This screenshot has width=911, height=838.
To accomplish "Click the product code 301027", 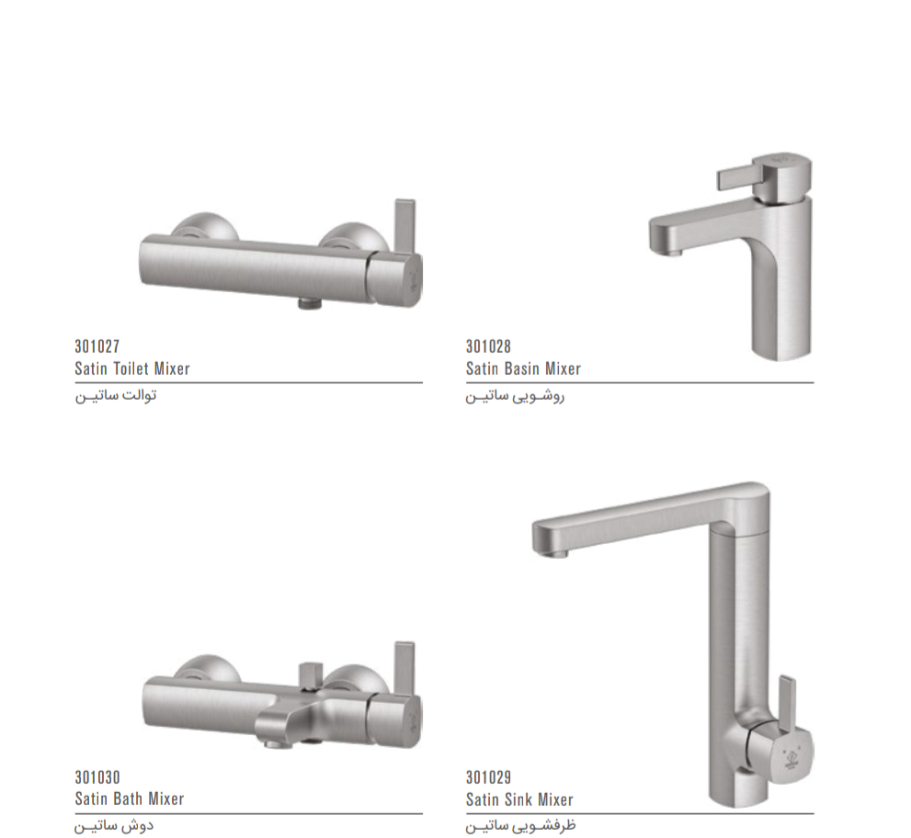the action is pos(97,346).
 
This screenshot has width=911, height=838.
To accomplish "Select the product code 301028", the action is pos(488,346).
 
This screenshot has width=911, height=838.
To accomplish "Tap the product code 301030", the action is pos(97,777).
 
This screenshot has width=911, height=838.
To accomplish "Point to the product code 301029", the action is pos(488,777).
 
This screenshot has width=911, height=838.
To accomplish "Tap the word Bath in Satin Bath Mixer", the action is pos(128,799).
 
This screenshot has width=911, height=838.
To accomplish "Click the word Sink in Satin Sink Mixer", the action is pos(518,799).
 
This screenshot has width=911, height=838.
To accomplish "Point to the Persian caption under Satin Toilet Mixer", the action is pos(116,395).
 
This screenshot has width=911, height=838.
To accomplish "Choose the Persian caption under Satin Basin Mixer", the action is pos(515,397).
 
